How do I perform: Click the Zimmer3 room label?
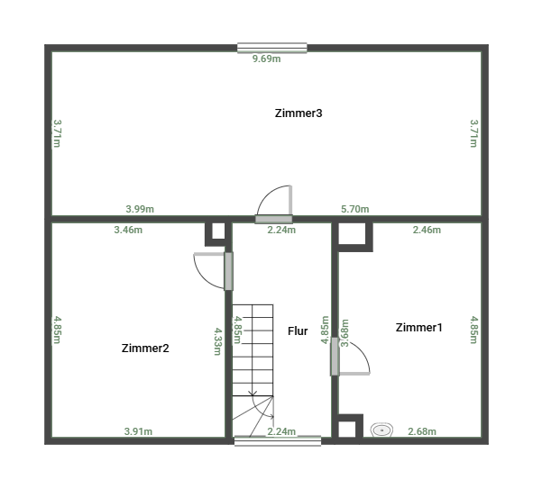(x=299, y=113)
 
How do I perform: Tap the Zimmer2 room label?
(x=145, y=349)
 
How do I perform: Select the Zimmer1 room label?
(x=419, y=328)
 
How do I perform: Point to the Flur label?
(x=298, y=331)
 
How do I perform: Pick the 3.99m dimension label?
(x=140, y=209)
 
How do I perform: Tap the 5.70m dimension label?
(x=354, y=209)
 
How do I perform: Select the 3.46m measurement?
(x=128, y=230)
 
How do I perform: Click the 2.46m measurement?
(x=427, y=230)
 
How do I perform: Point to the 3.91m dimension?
(x=138, y=431)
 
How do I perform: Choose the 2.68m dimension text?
(x=422, y=431)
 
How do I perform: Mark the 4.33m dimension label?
(x=217, y=341)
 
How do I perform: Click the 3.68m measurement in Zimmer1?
(x=345, y=334)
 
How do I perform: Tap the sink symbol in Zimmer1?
(x=382, y=430)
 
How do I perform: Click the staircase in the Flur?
(x=253, y=351)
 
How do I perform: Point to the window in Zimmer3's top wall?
(x=271, y=49)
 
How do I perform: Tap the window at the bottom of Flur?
(x=277, y=440)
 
